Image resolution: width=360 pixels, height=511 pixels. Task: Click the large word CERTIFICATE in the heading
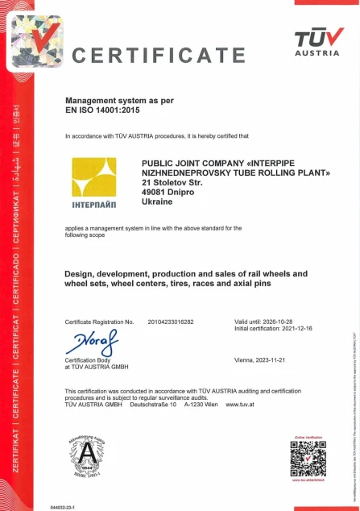(159, 55)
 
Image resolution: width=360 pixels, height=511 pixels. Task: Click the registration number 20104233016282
(171, 322)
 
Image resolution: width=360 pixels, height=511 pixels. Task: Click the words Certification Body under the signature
(86, 359)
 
